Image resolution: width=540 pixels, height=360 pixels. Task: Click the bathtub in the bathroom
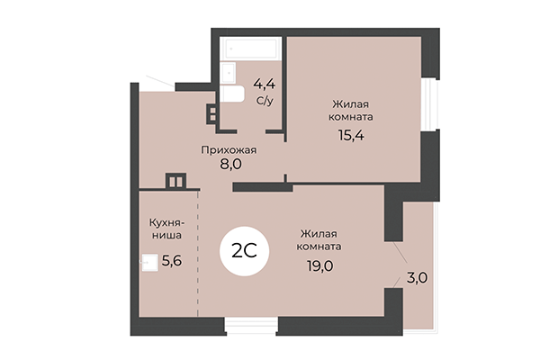(251, 47)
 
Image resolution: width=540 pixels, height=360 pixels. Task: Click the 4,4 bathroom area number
(264, 85)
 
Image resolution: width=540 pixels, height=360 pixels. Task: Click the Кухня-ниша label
(166, 227)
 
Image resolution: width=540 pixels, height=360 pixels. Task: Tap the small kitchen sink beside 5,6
(148, 263)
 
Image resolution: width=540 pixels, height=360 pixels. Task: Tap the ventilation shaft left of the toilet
(212, 114)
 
